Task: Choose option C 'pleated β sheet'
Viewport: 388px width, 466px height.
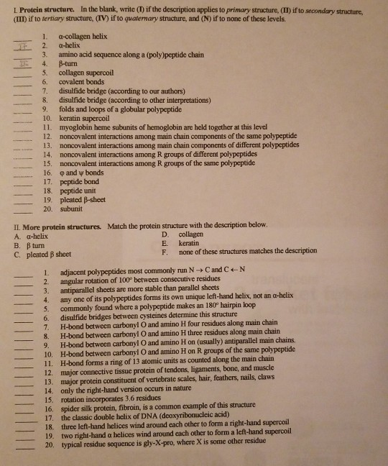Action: tap(48, 253)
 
